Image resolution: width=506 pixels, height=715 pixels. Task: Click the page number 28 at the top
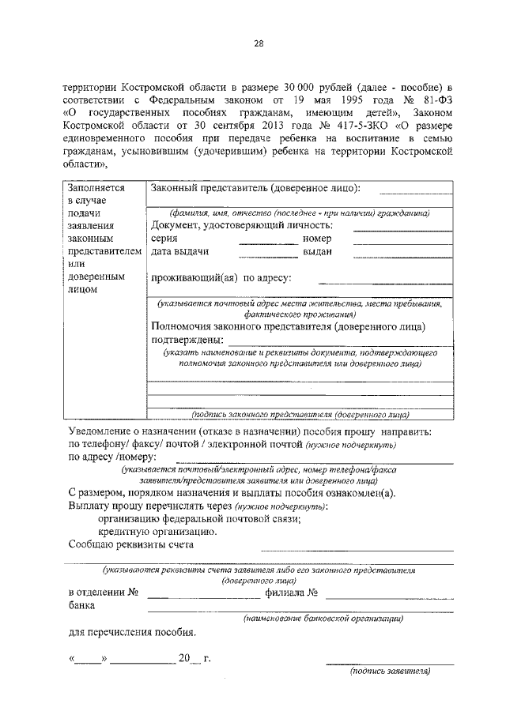[x=258, y=43]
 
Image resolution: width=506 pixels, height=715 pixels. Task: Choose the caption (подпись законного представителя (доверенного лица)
[x=300, y=413]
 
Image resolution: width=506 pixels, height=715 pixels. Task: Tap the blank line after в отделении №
[x=204, y=593]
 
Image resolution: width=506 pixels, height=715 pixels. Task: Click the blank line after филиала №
[x=389, y=593]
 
